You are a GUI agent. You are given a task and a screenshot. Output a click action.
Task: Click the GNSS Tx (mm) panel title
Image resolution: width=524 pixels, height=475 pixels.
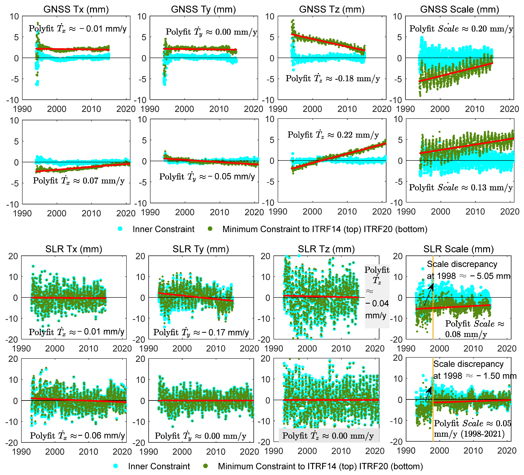(x=76, y=9)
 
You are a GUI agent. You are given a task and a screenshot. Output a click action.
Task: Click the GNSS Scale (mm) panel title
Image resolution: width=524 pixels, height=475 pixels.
(x=459, y=9)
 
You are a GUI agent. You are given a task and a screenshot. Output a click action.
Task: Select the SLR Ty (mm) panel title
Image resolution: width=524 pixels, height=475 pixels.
(x=201, y=249)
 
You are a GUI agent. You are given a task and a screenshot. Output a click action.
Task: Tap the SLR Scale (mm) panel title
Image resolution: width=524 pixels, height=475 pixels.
(x=459, y=249)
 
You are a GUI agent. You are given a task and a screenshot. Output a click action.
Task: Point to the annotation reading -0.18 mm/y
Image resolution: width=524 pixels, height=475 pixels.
(x=333, y=78)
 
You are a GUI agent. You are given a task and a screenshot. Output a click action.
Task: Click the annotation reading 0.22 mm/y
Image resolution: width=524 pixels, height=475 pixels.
(x=333, y=135)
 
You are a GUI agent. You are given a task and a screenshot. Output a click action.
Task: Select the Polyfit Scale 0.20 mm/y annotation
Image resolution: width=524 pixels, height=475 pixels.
(x=461, y=29)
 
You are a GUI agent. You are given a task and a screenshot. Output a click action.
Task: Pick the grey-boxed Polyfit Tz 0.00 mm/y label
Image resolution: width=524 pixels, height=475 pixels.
(x=329, y=436)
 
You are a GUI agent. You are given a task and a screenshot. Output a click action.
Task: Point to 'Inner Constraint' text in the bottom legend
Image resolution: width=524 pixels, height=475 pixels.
(x=159, y=466)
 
